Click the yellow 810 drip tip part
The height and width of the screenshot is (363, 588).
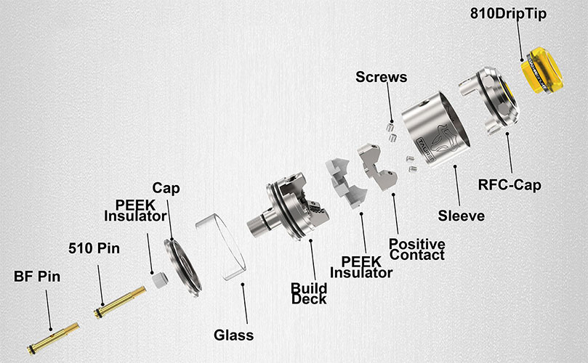click(542, 70)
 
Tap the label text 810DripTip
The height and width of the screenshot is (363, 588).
click(508, 14)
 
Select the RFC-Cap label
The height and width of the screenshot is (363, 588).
click(510, 185)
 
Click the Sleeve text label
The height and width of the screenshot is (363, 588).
click(462, 216)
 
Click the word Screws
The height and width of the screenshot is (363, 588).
click(382, 77)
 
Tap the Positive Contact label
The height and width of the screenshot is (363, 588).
click(417, 250)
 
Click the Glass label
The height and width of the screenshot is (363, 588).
click(233, 335)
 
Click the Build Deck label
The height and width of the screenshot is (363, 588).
click(309, 294)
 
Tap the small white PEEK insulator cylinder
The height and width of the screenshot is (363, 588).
click(159, 280)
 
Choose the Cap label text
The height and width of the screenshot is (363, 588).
click(166, 188)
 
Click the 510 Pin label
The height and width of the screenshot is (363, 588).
click(94, 248)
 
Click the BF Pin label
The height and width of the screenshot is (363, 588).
click(37, 277)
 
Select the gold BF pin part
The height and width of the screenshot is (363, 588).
click(53, 338)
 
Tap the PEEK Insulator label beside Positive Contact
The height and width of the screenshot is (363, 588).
click(361, 267)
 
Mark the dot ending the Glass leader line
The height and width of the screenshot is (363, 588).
click(243, 285)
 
